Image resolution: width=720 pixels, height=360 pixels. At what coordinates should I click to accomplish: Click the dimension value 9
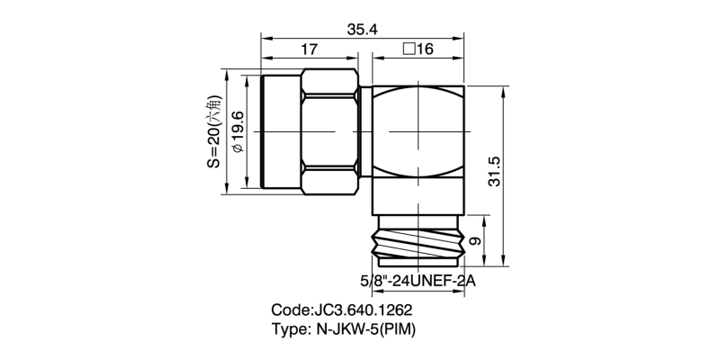click(477, 240)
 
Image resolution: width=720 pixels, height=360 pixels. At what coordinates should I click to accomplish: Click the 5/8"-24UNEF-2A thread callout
click(418, 280)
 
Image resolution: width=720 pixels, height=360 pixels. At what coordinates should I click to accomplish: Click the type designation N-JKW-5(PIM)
click(364, 328)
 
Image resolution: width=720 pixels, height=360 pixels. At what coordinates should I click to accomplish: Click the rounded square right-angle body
click(418, 131)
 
